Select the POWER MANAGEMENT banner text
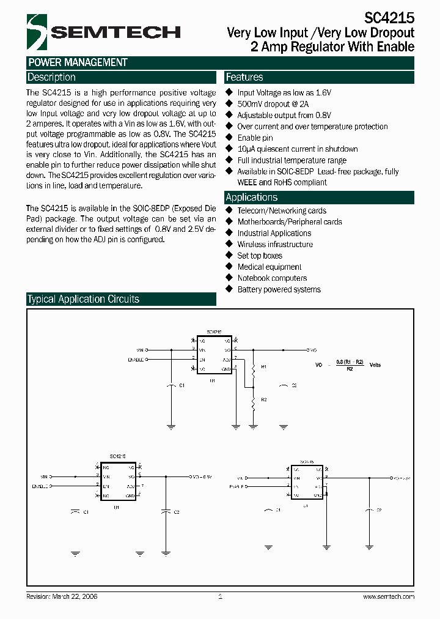(x=78, y=62)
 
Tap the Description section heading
(x=51, y=77)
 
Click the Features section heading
(x=244, y=77)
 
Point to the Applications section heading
(x=251, y=197)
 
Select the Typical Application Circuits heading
(x=83, y=299)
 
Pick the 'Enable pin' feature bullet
(x=255, y=138)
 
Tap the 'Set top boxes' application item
(x=260, y=256)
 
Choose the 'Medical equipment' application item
(x=269, y=267)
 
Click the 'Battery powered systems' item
(x=279, y=289)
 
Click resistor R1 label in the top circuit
(x=264, y=366)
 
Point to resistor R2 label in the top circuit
(x=264, y=399)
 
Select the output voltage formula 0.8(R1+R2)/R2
(x=350, y=365)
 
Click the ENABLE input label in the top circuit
(x=136, y=360)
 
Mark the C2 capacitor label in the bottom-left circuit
(x=176, y=511)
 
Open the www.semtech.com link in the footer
(x=389, y=596)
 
